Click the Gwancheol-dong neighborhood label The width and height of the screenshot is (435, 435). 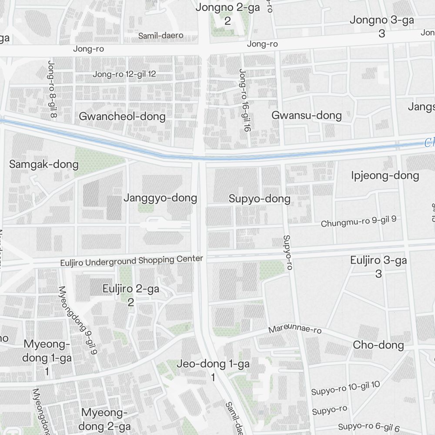(122, 117)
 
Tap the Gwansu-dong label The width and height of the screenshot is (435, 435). (307, 115)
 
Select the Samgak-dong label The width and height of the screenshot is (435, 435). (44, 164)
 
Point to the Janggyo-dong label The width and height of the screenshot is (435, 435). (160, 198)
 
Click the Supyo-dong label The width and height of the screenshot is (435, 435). (259, 199)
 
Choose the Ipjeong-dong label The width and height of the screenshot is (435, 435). (385, 176)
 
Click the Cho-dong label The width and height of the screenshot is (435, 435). (378, 345)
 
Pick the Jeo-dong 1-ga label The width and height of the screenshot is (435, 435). (213, 364)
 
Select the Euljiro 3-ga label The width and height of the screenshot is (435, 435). (378, 261)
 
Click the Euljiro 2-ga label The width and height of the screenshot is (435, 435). (130, 289)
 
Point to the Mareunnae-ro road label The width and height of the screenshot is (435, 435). (295, 330)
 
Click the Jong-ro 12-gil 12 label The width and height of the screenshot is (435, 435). (124, 74)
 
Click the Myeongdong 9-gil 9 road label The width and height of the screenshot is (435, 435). (77, 320)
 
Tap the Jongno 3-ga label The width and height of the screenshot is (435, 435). (381, 20)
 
